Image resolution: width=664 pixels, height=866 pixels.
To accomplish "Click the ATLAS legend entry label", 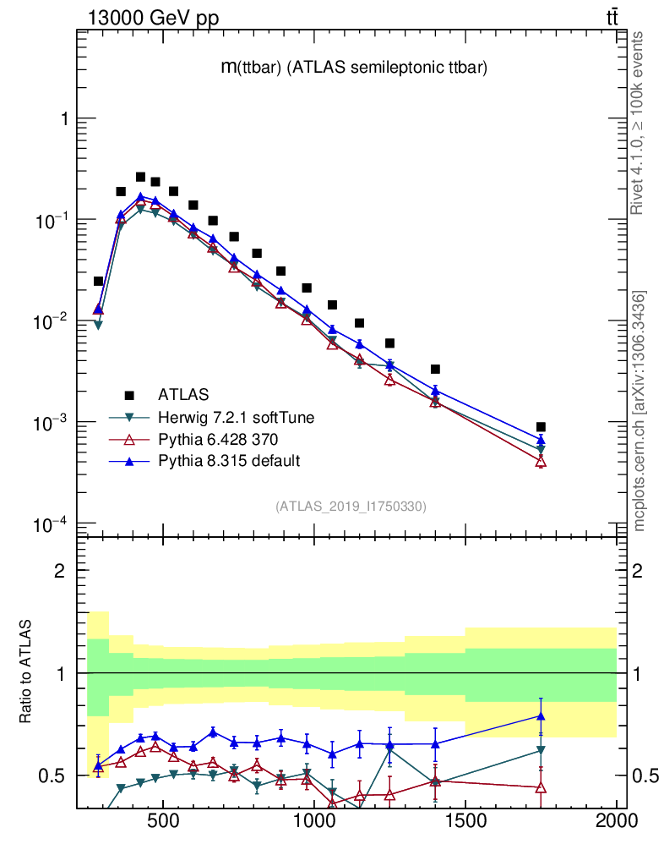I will [183, 394].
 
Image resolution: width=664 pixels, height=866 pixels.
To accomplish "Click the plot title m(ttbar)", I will [353, 69].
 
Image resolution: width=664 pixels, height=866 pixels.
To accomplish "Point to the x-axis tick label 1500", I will [465, 821].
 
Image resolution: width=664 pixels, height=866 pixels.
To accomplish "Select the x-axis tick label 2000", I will [617, 821].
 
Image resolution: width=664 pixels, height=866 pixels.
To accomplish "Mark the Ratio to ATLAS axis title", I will [26, 672].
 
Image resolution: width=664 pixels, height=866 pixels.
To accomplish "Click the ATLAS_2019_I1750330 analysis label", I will [351, 507].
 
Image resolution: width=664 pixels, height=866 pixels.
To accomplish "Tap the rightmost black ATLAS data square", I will [541, 427].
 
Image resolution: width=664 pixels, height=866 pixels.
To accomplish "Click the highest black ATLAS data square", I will [140, 177].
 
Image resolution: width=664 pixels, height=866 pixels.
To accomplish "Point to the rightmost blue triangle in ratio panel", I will [541, 716].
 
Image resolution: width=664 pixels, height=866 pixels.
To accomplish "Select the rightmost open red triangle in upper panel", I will [541, 462].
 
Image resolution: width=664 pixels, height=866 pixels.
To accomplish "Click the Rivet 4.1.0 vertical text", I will [639, 123].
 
